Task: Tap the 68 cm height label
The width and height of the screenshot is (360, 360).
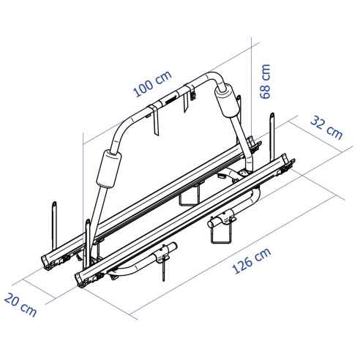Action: click(x=266, y=80)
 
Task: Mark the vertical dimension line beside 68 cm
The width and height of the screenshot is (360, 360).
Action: click(x=252, y=88)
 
